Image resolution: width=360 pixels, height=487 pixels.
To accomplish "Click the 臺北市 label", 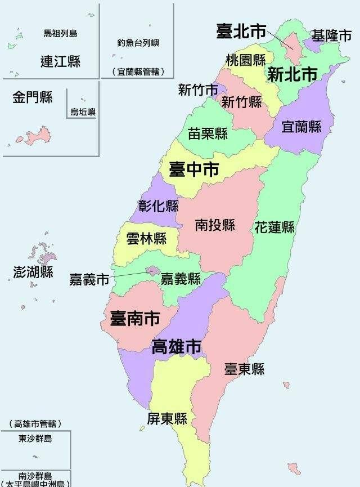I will [x=241, y=32].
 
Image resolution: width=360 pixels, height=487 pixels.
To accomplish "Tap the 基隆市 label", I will [x=331, y=36].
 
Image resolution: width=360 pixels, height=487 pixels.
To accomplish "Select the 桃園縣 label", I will [x=246, y=60].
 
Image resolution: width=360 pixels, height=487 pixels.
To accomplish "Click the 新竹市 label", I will [x=198, y=90].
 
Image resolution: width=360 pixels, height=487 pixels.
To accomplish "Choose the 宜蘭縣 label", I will [x=301, y=127].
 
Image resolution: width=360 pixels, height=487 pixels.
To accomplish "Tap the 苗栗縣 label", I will [x=208, y=133].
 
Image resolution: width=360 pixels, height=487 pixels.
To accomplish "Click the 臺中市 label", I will [x=193, y=169].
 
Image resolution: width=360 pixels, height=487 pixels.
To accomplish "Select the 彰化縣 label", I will [x=158, y=206].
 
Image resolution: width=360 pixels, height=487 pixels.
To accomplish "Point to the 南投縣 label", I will [x=215, y=225].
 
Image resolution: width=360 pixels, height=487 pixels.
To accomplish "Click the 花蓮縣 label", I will [x=274, y=227].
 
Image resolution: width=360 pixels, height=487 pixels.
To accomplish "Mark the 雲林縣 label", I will [x=146, y=238].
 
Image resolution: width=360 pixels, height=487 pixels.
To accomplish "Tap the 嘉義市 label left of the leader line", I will [x=89, y=279].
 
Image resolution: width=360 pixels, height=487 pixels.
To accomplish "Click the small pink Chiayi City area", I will [x=152, y=271].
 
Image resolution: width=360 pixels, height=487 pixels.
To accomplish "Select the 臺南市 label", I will [x=134, y=319].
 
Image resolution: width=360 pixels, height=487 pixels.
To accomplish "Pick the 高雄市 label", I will [x=177, y=347].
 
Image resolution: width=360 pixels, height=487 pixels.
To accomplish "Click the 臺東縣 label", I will [x=244, y=369].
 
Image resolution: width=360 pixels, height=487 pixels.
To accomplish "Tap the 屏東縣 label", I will [x=166, y=419].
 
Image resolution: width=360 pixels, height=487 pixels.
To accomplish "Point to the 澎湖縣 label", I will [x=33, y=272].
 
